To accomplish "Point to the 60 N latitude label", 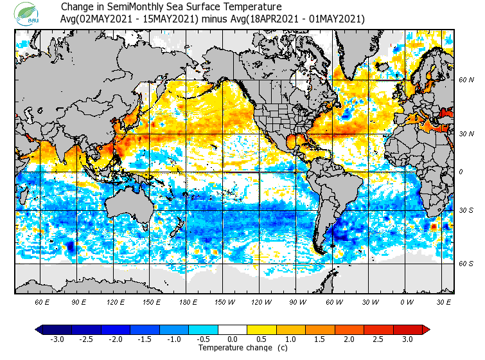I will coord(466,80).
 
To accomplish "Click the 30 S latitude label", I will coord(466,210).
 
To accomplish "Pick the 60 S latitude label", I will coord(466,264).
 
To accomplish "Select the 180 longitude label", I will coord(188,301).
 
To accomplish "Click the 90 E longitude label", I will coord(79,301).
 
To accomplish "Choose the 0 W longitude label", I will coord(406,301).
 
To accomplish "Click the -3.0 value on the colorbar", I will coord(57,339).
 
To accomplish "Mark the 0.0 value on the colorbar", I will coord(233,339).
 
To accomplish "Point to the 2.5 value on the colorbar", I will coord(378,339).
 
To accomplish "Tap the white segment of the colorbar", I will coord(233,329).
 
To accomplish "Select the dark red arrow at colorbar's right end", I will coord(426,329).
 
